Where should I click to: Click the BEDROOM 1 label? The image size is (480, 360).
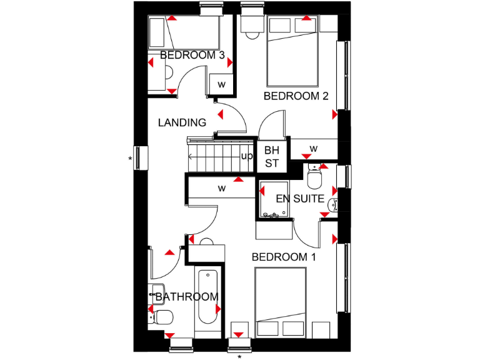(x=279, y=257)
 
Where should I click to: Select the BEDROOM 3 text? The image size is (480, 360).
(x=192, y=56)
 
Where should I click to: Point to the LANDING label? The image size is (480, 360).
(x=182, y=122)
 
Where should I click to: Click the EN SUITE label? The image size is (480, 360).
(x=300, y=199)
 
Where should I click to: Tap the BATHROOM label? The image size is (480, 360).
(x=187, y=297)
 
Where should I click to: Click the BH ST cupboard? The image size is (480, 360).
(x=272, y=156)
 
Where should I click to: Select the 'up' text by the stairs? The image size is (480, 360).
(x=247, y=156)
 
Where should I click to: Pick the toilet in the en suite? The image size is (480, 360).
(x=314, y=177)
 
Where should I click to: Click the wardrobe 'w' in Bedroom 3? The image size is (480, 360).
(x=221, y=84)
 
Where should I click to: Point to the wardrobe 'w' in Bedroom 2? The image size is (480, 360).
(x=314, y=149)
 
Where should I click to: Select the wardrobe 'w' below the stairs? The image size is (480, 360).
(x=221, y=188)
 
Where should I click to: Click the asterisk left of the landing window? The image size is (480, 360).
(x=130, y=159)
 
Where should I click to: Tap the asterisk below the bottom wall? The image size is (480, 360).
(x=239, y=356)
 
